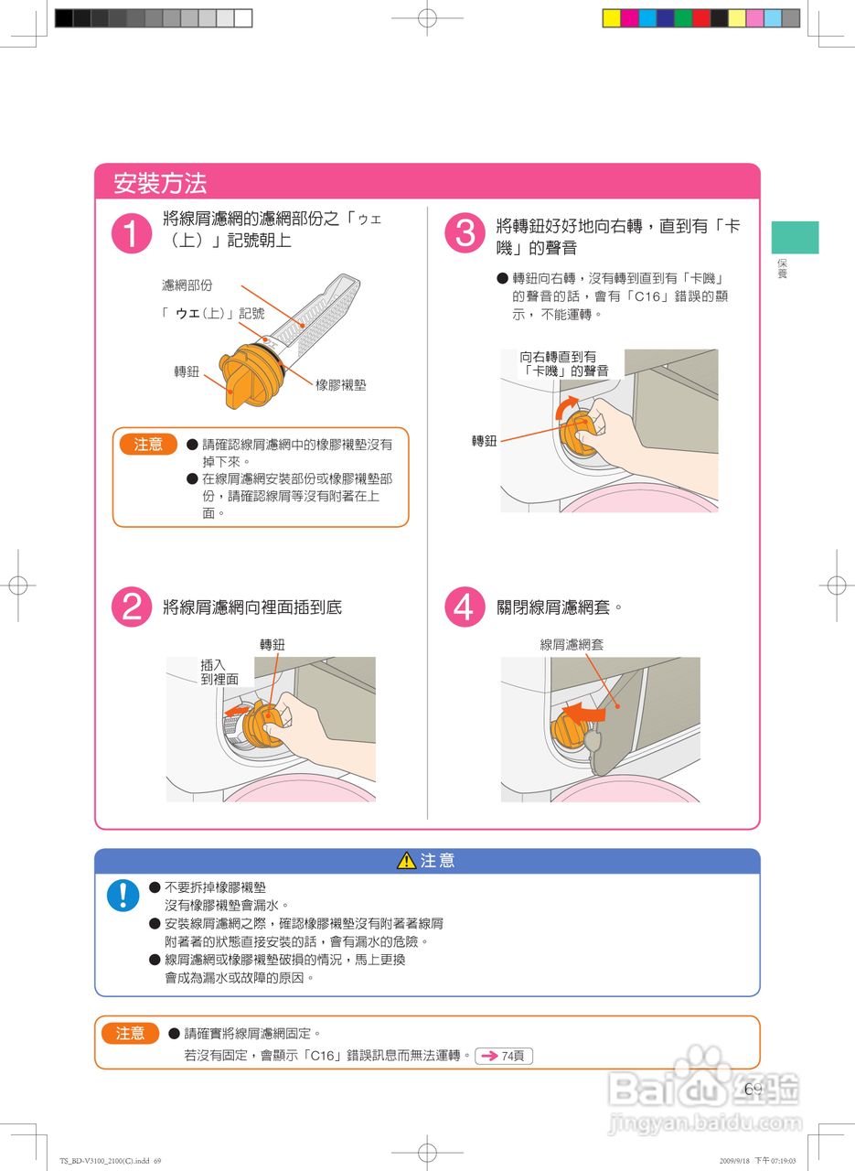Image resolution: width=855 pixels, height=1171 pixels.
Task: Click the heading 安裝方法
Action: pyautogui.click(x=160, y=182)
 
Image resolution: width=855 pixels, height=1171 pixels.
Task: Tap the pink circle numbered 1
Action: pyautogui.click(x=132, y=233)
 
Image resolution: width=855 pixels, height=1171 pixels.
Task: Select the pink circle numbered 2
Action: pyautogui.click(x=132, y=607)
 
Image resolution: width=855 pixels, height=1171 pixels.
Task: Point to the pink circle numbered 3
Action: pyautogui.click(x=465, y=233)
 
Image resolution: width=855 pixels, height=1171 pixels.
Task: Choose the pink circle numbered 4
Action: pyautogui.click(x=465, y=607)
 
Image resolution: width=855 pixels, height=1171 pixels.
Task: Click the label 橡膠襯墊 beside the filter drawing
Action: pyautogui.click(x=341, y=385)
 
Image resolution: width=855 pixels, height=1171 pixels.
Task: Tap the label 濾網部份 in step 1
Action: pyautogui.click(x=187, y=285)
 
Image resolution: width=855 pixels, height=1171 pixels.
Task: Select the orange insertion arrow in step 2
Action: pyautogui.click(x=237, y=711)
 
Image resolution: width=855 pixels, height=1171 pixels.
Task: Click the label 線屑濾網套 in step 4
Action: pyautogui.click(x=572, y=645)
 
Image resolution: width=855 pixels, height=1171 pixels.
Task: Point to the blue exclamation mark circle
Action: pyautogui.click(x=123, y=895)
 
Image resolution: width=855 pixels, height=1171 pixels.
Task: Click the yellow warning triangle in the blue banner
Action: pyautogui.click(x=406, y=860)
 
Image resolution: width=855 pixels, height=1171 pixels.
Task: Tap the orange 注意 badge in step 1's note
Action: pyautogui.click(x=148, y=444)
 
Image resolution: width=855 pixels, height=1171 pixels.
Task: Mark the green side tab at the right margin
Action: pyautogui.click(x=795, y=237)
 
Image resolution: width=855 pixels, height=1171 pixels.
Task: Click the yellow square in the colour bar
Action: pyautogui.click(x=612, y=18)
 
